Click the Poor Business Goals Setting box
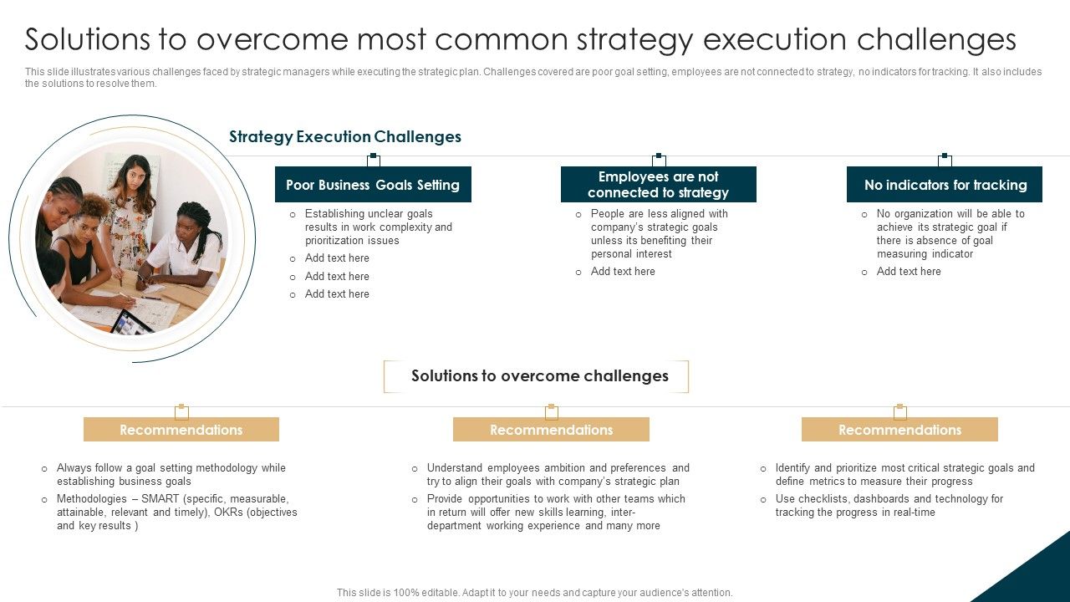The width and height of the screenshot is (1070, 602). (x=373, y=185)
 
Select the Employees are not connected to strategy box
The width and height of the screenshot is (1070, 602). (x=658, y=185)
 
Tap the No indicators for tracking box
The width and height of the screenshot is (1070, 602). (x=945, y=185)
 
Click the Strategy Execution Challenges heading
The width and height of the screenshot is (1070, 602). (x=344, y=137)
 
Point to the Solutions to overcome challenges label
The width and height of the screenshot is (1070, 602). (x=539, y=376)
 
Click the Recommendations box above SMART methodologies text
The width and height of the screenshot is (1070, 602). (x=181, y=430)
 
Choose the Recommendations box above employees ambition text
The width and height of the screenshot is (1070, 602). (x=551, y=430)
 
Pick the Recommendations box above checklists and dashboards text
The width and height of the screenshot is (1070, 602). (x=899, y=430)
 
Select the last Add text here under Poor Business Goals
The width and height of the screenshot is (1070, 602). (x=337, y=294)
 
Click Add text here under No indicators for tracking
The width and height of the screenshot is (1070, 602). (x=909, y=272)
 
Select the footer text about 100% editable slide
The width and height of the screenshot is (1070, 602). (x=534, y=592)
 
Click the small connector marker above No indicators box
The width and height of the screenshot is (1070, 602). (x=945, y=157)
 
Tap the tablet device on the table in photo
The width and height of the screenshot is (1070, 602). (x=132, y=322)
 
